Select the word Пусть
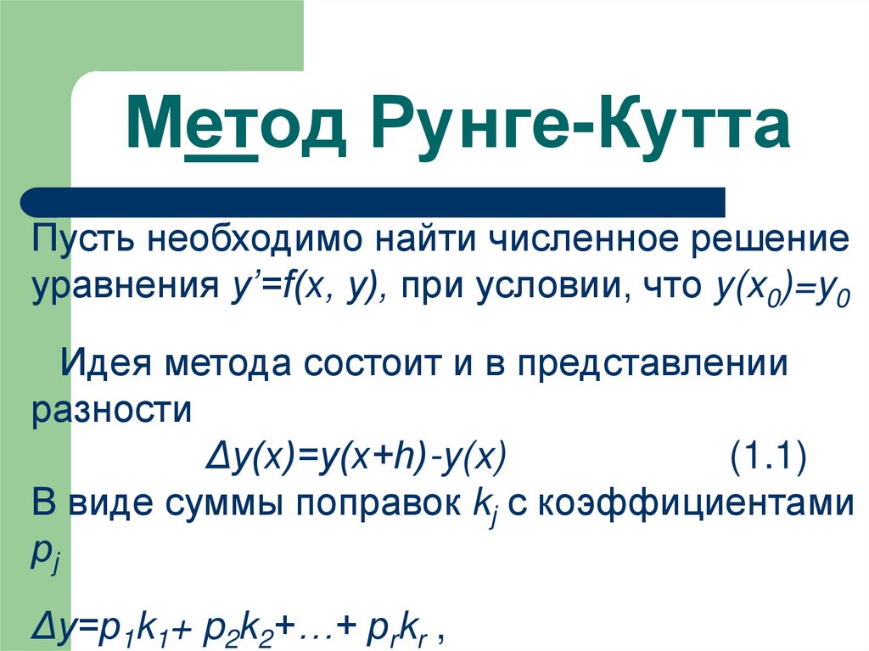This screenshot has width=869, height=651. pos(81,239)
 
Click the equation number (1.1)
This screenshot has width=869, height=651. pos(767,459)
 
